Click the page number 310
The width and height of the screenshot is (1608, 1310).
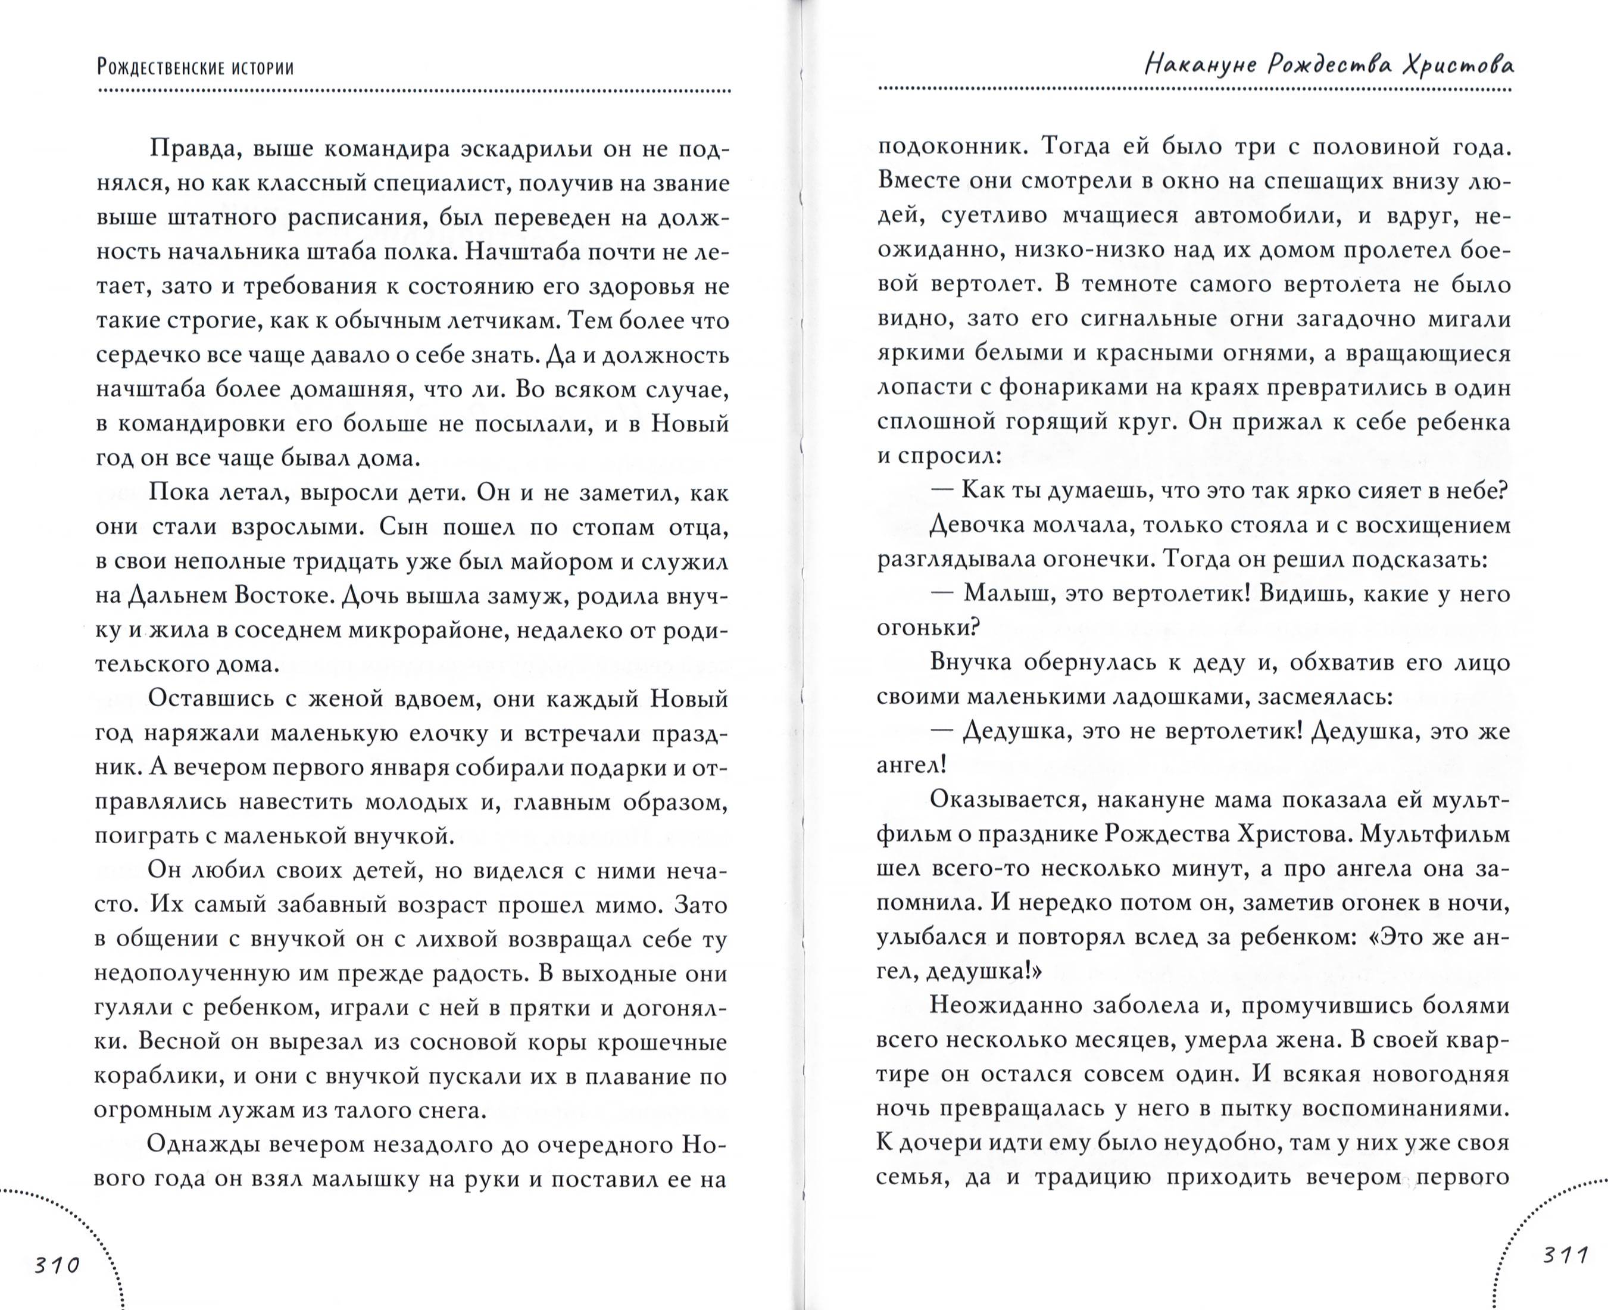click(x=57, y=1265)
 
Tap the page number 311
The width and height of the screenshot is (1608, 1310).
click(x=1566, y=1256)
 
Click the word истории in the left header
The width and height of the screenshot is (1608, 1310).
click(x=257, y=68)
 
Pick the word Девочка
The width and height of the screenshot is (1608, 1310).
click(x=985, y=525)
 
